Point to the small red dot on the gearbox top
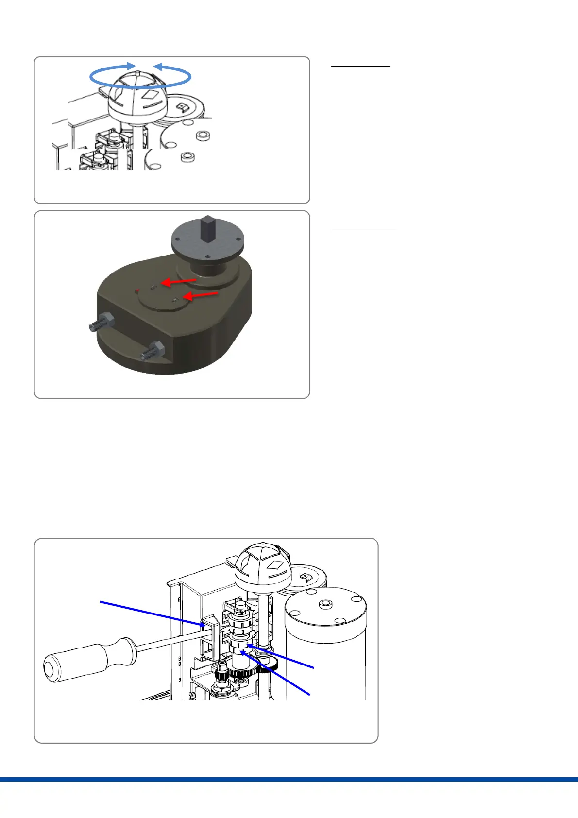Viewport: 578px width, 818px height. pyautogui.click(x=137, y=290)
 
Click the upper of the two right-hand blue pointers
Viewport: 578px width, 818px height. pyautogui.click(x=282, y=656)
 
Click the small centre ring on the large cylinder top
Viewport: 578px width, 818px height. pyautogui.click(x=325, y=604)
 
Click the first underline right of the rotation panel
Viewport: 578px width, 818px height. pyautogui.click(x=360, y=66)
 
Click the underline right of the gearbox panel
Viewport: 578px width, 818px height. pyautogui.click(x=363, y=229)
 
